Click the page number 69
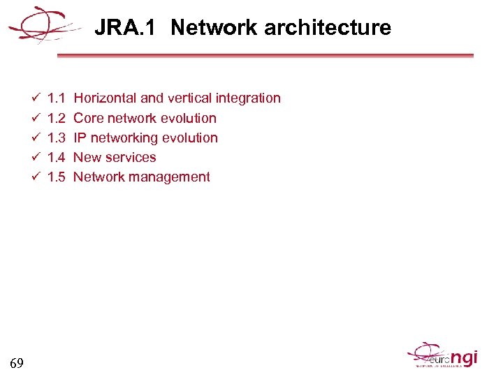(17, 362)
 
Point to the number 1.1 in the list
(56, 98)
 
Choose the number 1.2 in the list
(56, 118)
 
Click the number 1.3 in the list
(56, 138)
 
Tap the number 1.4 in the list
(56, 157)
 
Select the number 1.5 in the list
(56, 177)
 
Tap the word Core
(88, 118)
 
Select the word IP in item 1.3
(80, 138)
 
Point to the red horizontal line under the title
(265, 56)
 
